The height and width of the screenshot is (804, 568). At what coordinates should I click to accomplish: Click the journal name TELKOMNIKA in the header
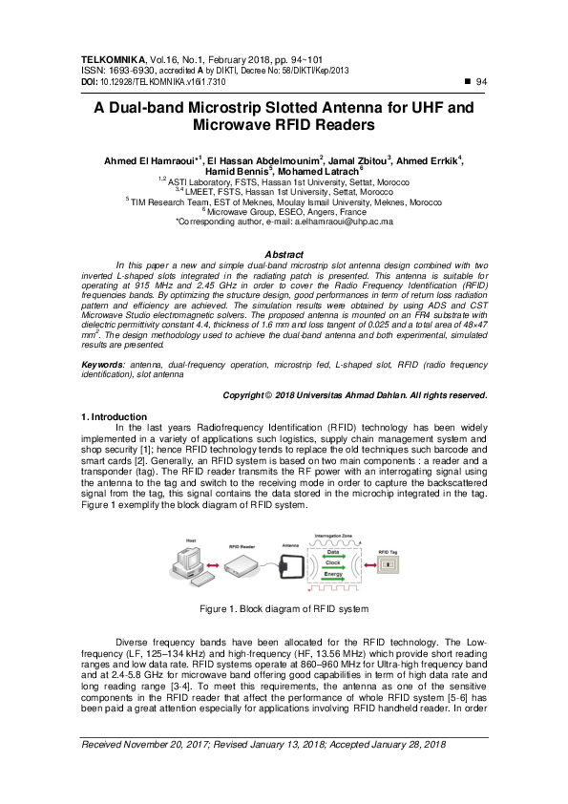click(x=113, y=59)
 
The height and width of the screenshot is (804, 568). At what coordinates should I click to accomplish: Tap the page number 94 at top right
click(x=481, y=83)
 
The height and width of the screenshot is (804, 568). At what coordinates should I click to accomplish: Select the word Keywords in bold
click(x=103, y=366)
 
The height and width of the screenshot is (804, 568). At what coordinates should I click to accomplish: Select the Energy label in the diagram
click(x=335, y=575)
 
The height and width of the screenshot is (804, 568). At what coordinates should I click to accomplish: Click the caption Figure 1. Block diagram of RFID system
click(x=284, y=608)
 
